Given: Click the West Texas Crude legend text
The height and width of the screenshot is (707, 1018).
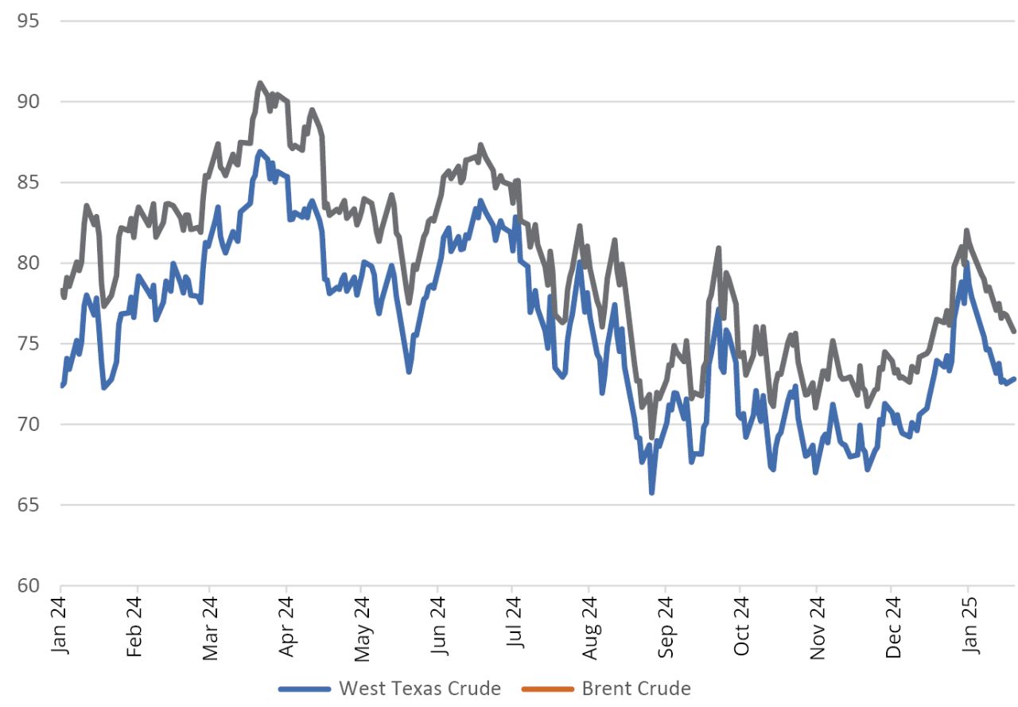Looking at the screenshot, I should point(420,689).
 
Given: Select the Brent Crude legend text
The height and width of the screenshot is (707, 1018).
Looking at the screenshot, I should point(636,689).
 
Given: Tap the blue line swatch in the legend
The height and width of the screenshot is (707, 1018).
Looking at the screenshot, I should point(305,689).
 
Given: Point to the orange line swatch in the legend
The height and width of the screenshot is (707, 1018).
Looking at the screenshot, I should point(548,689).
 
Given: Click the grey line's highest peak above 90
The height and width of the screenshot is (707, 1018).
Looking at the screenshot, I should point(260,83).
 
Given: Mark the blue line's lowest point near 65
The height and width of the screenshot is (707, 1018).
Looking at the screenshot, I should point(652,493).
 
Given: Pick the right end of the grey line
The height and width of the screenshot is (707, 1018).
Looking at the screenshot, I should point(1013,332).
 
